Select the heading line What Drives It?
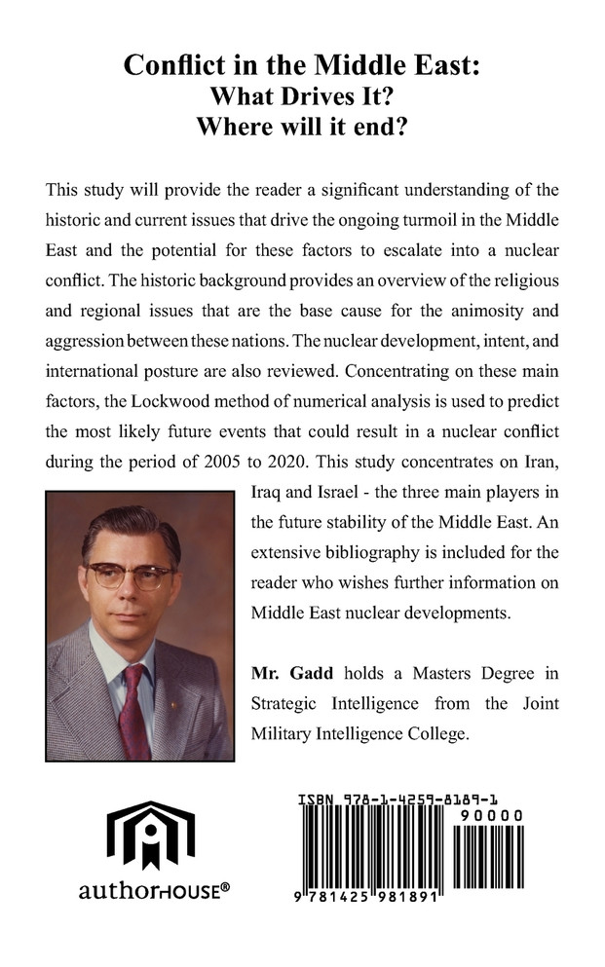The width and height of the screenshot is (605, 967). click(x=302, y=97)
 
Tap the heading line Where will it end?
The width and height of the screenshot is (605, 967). click(x=302, y=128)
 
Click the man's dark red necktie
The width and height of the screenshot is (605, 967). click(x=133, y=711)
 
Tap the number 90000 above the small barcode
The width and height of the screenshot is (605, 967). click(x=491, y=815)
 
